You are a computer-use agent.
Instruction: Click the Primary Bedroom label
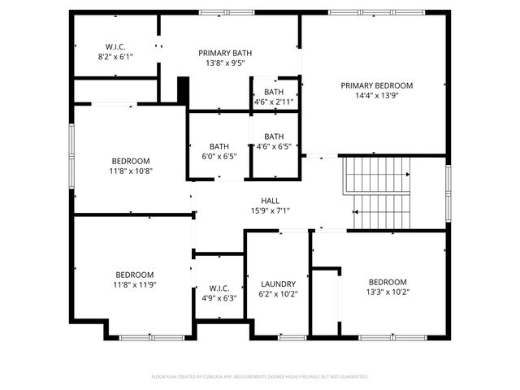[376, 85]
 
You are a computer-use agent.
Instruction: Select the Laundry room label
[278, 284]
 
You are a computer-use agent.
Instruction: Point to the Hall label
[270, 201]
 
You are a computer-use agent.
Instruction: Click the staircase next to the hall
[380, 193]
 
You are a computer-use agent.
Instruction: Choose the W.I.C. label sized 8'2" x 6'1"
[115, 46]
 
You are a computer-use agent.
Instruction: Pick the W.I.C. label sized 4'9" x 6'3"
[219, 288]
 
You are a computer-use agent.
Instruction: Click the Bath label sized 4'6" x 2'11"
[274, 93]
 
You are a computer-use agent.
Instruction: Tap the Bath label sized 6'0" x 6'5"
[219, 146]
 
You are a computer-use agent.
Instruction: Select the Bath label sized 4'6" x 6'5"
[274, 136]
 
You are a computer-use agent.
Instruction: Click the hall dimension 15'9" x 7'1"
[270, 211]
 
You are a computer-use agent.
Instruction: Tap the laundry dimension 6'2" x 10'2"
[278, 294]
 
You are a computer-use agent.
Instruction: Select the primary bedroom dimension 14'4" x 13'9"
[376, 95]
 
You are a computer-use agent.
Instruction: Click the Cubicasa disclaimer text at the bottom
[260, 376]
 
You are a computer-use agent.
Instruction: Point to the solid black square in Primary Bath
[183, 89]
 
